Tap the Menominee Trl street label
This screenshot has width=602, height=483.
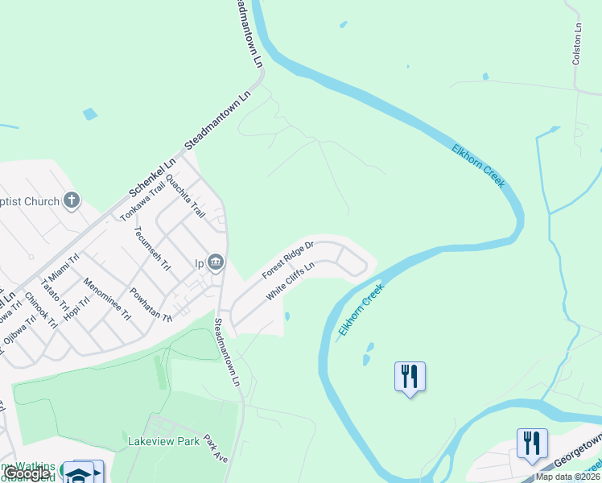point(107,299)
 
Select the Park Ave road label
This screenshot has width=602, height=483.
point(216,448)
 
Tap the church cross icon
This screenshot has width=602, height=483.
point(72,200)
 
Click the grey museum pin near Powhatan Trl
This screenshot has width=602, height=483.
point(216,262)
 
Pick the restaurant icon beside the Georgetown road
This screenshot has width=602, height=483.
point(532,444)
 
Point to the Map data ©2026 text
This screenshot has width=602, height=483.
point(568,477)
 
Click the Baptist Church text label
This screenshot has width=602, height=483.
point(30,201)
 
